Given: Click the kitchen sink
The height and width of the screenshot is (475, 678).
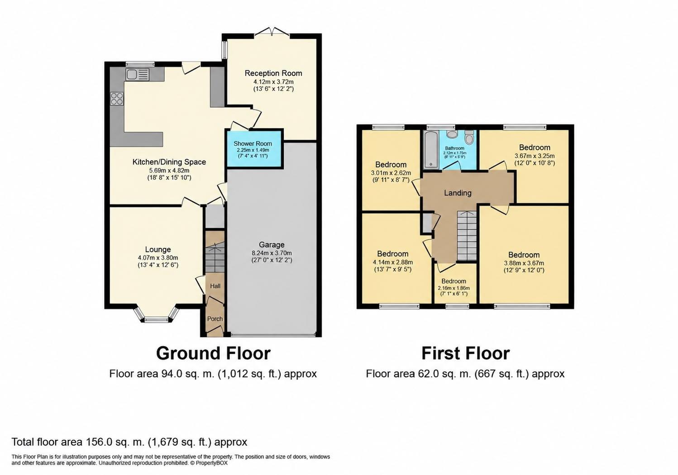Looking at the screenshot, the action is point(138,75).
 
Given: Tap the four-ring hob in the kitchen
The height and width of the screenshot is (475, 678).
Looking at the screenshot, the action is point(117,99).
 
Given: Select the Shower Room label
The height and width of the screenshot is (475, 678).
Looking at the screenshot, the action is point(253,143).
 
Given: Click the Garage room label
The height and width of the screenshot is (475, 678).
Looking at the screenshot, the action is point(272,244).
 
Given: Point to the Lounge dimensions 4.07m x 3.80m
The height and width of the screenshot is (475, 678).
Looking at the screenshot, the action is point(158,258).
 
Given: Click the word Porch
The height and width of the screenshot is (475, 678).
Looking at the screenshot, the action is point(215,318).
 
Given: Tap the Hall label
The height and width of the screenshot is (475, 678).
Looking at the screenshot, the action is point(215,286).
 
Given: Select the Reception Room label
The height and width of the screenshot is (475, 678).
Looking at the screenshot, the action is point(273,73).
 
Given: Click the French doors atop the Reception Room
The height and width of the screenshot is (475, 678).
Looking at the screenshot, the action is point(272,32).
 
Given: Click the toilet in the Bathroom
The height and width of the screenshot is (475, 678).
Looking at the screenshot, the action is point(469,137).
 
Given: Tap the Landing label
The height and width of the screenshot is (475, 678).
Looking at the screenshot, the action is point(458,193).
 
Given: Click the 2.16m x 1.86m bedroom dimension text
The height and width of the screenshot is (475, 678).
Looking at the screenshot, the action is point(454,288).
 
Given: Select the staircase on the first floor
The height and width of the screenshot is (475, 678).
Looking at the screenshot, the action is point(467,236).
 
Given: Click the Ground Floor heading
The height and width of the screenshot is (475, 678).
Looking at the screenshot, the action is point(213,353).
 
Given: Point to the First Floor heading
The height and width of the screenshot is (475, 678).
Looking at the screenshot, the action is point(466,353).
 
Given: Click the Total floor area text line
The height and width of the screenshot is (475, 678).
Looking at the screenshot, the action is point(129,442).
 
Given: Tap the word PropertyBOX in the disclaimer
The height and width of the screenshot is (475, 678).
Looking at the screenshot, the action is point(211,463).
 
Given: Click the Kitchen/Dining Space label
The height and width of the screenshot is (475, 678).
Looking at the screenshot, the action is point(169,162).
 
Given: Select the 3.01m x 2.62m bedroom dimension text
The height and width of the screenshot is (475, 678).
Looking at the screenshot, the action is point(391,173).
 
